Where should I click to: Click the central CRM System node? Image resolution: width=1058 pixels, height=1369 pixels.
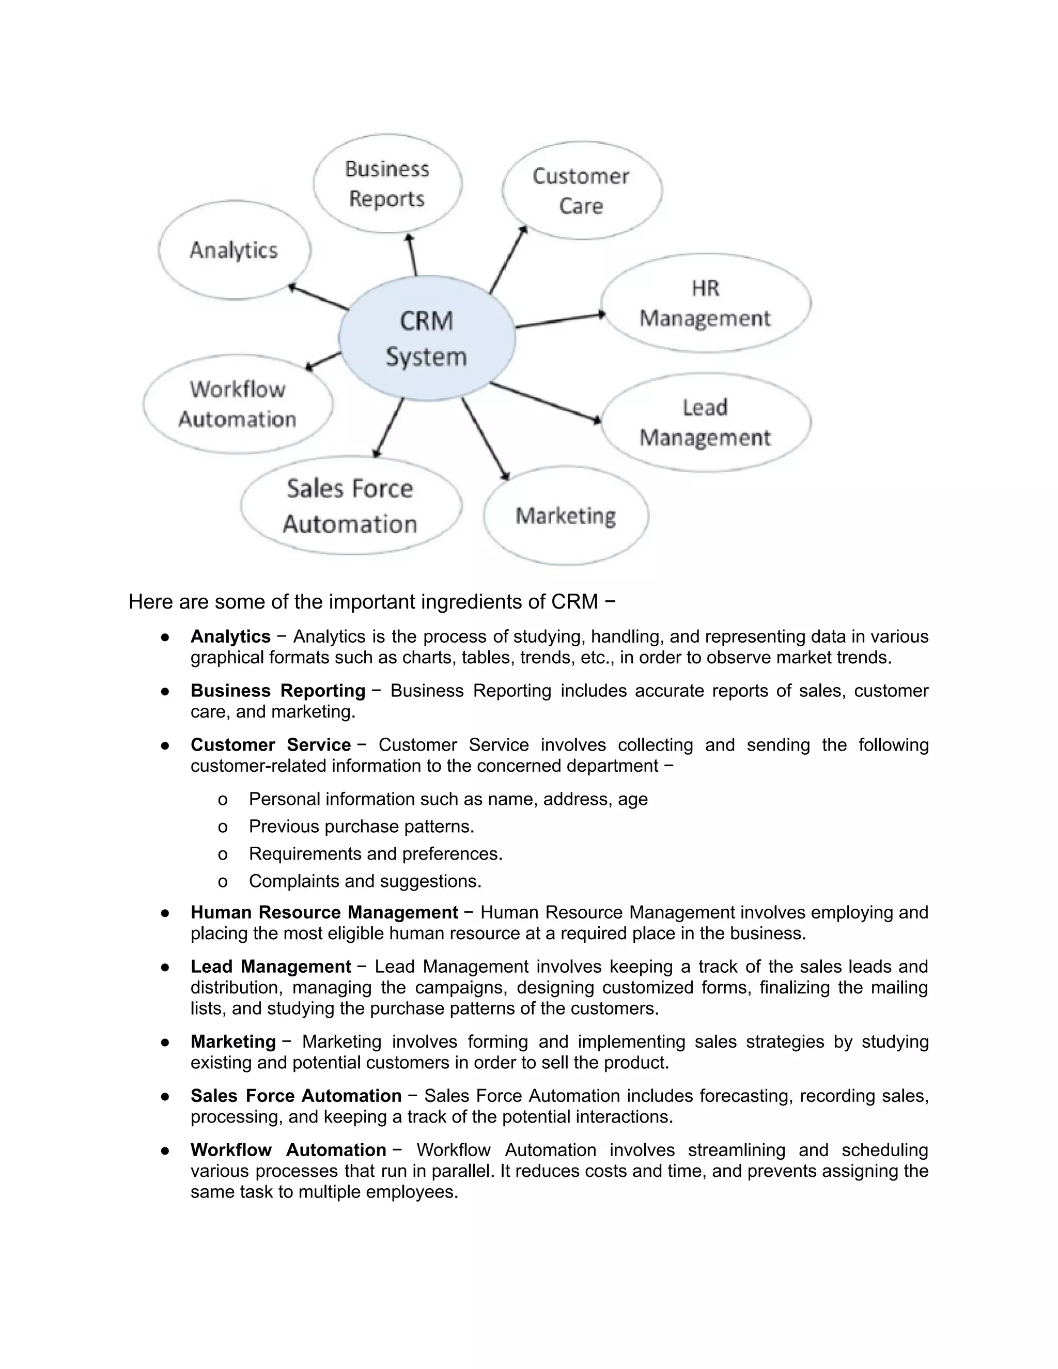coord(427,338)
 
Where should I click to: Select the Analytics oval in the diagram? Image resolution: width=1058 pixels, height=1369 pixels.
coord(234,250)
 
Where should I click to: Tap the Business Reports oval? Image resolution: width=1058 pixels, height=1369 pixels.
coord(387,184)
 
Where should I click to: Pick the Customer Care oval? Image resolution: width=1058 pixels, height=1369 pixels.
coord(581,191)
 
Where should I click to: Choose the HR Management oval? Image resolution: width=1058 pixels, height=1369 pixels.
coord(705,303)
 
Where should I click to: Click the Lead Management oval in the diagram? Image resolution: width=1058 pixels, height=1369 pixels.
coord(705,423)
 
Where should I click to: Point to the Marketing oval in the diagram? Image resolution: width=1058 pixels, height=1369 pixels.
coord(565,516)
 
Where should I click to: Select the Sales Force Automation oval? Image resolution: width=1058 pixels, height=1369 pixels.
coord(350,506)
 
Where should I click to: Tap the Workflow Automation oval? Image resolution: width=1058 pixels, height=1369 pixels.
coord(238,405)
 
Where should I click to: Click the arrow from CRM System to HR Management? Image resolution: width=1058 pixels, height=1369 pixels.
coord(559,320)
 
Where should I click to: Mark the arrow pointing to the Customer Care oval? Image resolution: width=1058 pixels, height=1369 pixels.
coord(508,260)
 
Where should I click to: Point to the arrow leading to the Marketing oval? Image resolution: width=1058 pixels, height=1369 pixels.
coord(485,439)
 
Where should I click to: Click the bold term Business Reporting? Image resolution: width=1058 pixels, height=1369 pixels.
coord(277,690)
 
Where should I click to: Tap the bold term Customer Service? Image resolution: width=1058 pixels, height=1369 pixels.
coord(270,744)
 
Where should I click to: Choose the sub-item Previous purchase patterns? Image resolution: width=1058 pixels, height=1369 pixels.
coord(361,826)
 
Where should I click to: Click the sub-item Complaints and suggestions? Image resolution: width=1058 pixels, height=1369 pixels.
coord(365,881)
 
